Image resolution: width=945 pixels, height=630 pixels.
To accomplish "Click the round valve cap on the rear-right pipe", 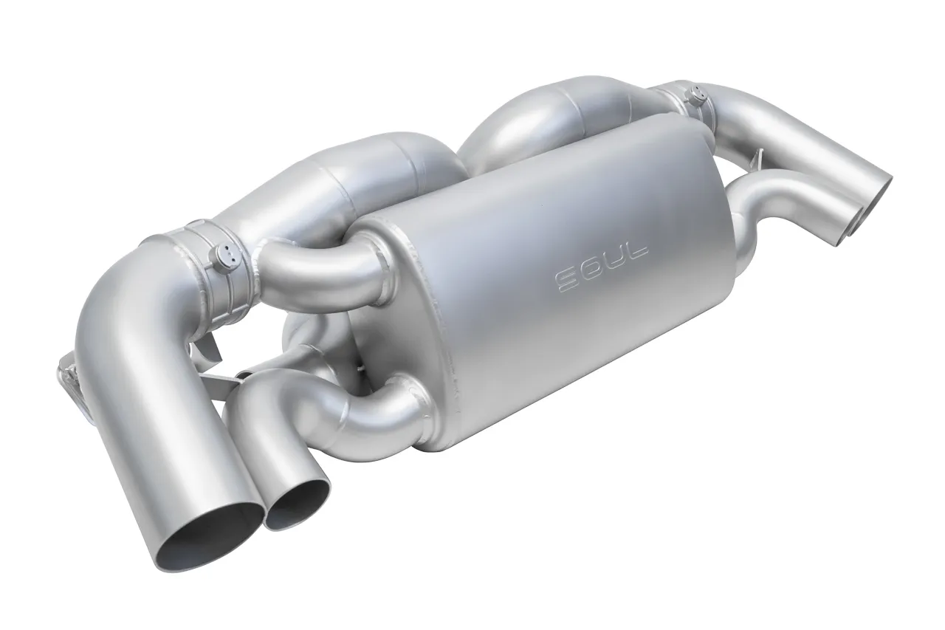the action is (x=696, y=95).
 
